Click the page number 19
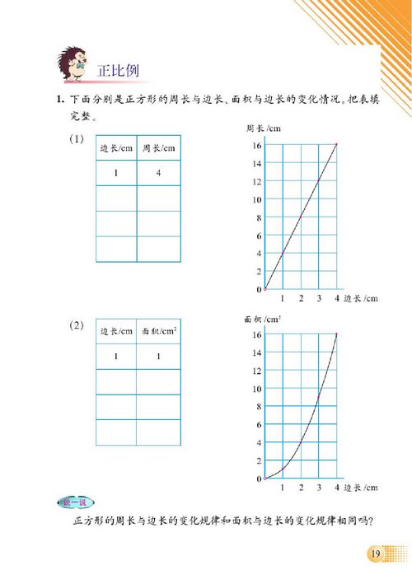[376, 553]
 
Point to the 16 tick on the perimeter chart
[257, 146]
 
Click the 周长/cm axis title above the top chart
[262, 128]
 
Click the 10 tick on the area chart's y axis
[257, 389]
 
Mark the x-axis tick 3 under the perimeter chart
[319, 298]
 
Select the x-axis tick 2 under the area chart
[301, 488]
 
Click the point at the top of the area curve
[337, 334]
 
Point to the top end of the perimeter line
[337, 145]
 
